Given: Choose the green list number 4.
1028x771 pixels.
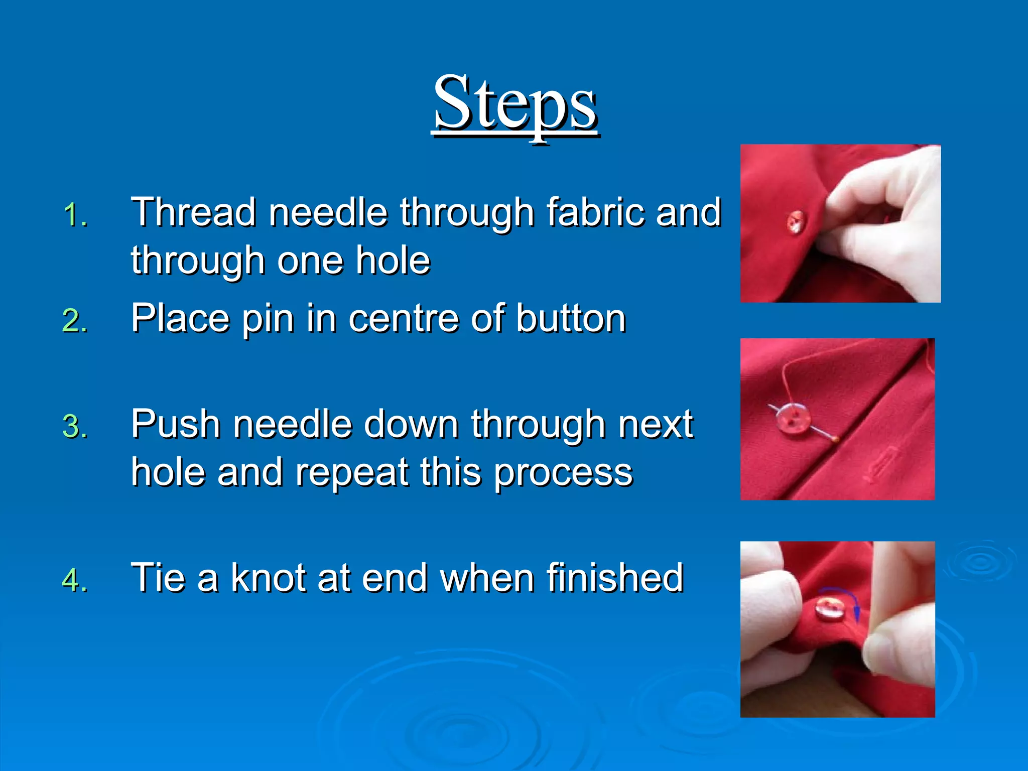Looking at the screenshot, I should (x=75, y=580).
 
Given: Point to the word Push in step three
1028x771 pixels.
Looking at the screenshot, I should (x=176, y=424).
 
